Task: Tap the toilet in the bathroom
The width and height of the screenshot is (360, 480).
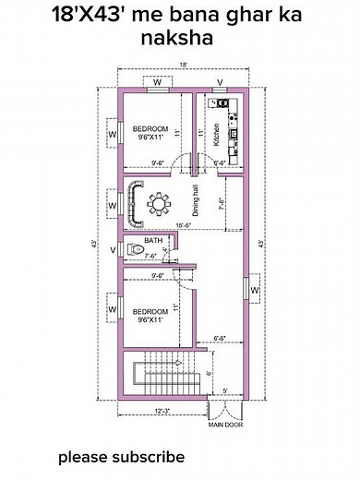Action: tap(138, 249)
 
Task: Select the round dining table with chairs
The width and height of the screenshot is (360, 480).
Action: tap(163, 202)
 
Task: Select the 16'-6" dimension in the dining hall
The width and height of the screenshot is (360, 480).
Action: tap(184, 224)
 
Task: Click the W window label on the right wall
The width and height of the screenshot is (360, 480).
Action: tap(254, 294)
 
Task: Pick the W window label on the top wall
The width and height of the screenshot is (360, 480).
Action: tap(158, 83)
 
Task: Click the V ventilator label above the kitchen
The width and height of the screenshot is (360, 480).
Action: tap(220, 83)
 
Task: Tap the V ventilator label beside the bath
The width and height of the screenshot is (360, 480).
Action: tap(113, 250)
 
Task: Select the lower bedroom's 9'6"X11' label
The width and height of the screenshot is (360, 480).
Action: tap(152, 320)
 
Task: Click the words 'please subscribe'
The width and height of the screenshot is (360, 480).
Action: tap(122, 457)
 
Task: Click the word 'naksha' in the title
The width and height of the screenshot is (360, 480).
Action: tap(180, 39)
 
